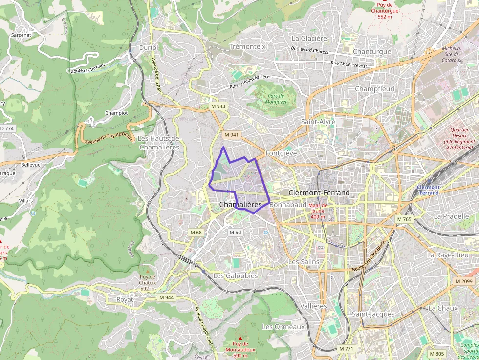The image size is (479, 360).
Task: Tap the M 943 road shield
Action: (x=218, y=106)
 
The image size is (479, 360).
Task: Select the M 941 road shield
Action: (x=231, y=135)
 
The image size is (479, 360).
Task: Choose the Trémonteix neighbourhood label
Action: (x=247, y=46)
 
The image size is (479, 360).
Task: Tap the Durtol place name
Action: (x=149, y=48)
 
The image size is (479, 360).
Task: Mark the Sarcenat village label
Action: (x=21, y=35)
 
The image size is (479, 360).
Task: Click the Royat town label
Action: (x=125, y=299)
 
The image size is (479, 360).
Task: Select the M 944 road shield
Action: (x=166, y=297)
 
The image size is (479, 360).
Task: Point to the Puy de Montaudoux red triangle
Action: (x=240, y=338)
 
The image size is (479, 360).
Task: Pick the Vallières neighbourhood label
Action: (x=313, y=306)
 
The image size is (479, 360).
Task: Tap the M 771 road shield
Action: (x=346, y=349)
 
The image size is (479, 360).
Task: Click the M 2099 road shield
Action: (x=464, y=281)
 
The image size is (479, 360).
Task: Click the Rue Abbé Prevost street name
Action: (x=348, y=64)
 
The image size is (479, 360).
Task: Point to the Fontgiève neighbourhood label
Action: (x=281, y=153)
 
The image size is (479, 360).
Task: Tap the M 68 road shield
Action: (x=196, y=233)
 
